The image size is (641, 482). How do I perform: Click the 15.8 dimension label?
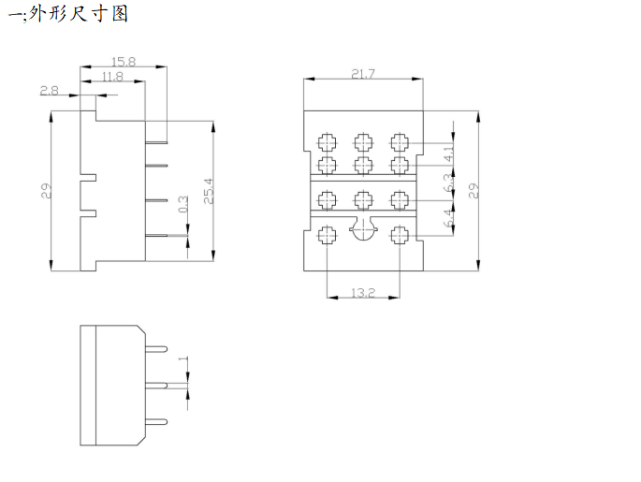click(x=124, y=62)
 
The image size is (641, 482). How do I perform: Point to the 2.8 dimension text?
click(x=50, y=91)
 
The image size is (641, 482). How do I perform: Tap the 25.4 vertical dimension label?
click(x=208, y=191)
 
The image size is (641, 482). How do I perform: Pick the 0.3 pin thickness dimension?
click(x=182, y=203)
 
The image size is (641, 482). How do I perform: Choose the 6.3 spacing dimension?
click(x=448, y=185)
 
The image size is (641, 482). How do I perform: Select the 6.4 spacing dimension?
click(x=448, y=219)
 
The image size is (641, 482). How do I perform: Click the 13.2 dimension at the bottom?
click(x=363, y=293)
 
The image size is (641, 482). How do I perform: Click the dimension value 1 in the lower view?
click(x=183, y=358)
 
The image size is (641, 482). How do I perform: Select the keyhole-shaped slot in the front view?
click(x=362, y=230)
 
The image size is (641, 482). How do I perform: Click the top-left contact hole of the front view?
click(x=327, y=142)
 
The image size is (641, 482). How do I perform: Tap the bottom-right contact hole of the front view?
click(x=399, y=235)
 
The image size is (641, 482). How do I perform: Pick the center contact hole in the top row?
click(x=362, y=142)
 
